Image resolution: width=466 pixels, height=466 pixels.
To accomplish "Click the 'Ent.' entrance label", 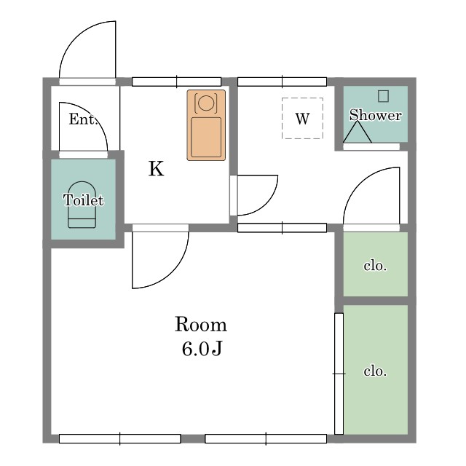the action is [x=83, y=119].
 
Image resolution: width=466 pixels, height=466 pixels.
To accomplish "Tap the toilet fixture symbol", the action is [x=82, y=205].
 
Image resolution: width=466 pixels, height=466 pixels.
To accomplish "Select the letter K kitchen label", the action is [x=156, y=168].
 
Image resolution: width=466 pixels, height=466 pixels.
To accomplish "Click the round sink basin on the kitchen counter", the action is [x=205, y=103].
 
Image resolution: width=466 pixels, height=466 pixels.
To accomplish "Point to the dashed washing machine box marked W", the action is [x=302, y=118].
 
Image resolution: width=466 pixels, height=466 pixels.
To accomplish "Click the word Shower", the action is [x=376, y=115].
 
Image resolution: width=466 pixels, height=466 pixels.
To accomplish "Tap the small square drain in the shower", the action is [x=384, y=96].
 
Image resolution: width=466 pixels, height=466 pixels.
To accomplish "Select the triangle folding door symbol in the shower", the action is [x=358, y=132].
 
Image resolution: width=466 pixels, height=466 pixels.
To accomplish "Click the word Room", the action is [x=201, y=324].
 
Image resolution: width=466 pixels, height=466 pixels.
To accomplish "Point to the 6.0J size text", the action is [x=202, y=348].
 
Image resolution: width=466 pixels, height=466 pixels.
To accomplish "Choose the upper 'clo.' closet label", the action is [x=375, y=265].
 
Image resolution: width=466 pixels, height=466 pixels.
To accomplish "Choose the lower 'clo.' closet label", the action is [x=375, y=371].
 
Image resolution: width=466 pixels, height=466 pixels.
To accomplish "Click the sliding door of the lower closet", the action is [x=339, y=374].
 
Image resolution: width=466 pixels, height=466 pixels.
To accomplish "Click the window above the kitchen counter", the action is [x=176, y=82].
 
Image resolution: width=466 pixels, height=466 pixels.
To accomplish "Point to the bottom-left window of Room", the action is [x=119, y=438].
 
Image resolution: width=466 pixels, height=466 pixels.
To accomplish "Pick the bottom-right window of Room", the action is [x=266, y=438].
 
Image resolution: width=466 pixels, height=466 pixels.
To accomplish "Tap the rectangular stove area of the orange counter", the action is [x=206, y=138].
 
